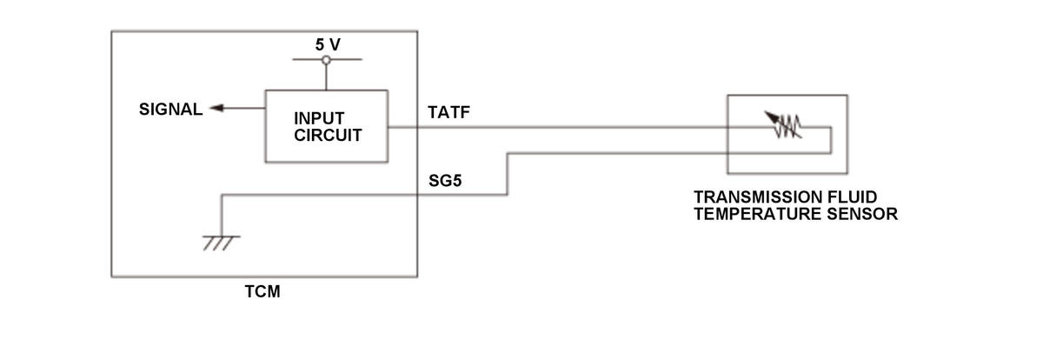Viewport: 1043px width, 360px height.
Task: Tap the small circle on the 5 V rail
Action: pos(326,60)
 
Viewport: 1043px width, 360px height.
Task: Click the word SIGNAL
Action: pos(170,110)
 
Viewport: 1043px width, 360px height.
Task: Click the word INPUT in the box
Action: pos(319,118)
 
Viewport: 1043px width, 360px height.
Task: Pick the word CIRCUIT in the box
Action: pos(328,135)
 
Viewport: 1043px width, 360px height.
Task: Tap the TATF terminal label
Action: pos(448,112)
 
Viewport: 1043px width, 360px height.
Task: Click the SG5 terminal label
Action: pos(445,182)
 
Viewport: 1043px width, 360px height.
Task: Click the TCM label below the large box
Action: pos(262,292)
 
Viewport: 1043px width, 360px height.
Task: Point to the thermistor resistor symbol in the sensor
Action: pos(786,127)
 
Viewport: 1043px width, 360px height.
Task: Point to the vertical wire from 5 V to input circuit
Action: pos(326,77)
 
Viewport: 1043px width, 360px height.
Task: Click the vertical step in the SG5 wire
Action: pos(508,174)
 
